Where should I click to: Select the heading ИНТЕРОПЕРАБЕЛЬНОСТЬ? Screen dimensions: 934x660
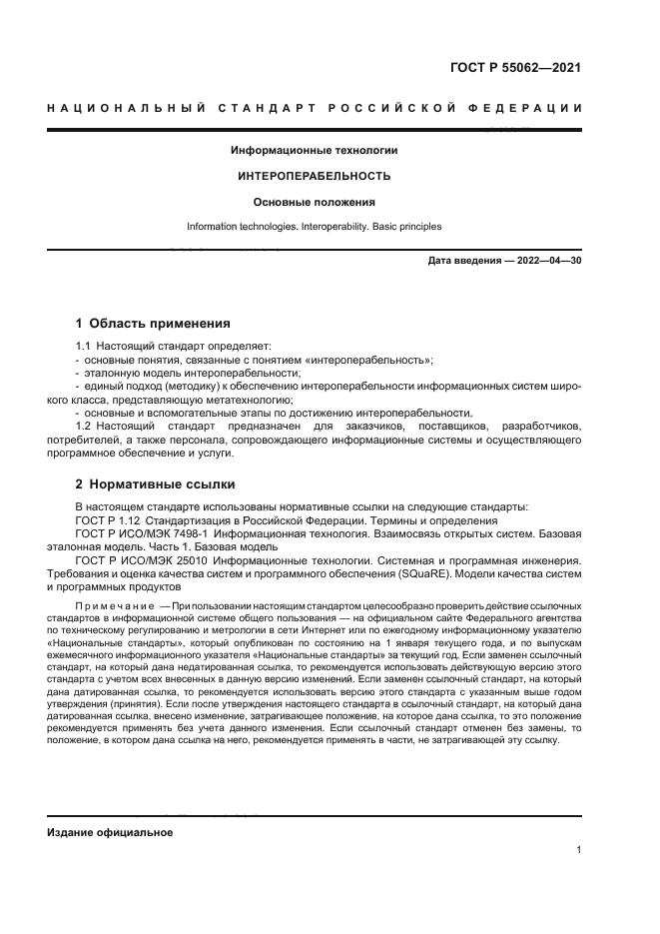(x=314, y=176)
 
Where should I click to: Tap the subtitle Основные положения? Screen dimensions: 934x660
(x=314, y=202)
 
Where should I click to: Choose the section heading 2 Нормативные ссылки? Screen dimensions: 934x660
(x=155, y=484)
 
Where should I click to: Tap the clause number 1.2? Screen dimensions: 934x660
(x=84, y=428)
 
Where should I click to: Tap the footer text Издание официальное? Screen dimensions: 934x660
(x=110, y=833)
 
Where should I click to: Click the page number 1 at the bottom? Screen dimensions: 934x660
(x=578, y=850)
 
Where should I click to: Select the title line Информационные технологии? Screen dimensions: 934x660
(x=314, y=151)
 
